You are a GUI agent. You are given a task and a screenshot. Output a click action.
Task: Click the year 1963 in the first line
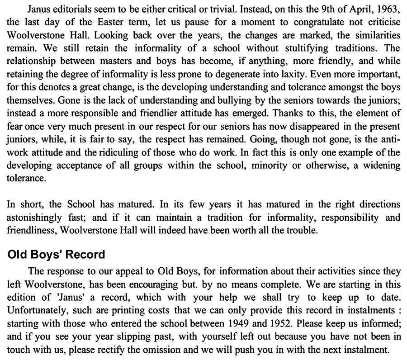pos(389,9)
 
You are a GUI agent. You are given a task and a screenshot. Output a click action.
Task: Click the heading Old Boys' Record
pos(57,254)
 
